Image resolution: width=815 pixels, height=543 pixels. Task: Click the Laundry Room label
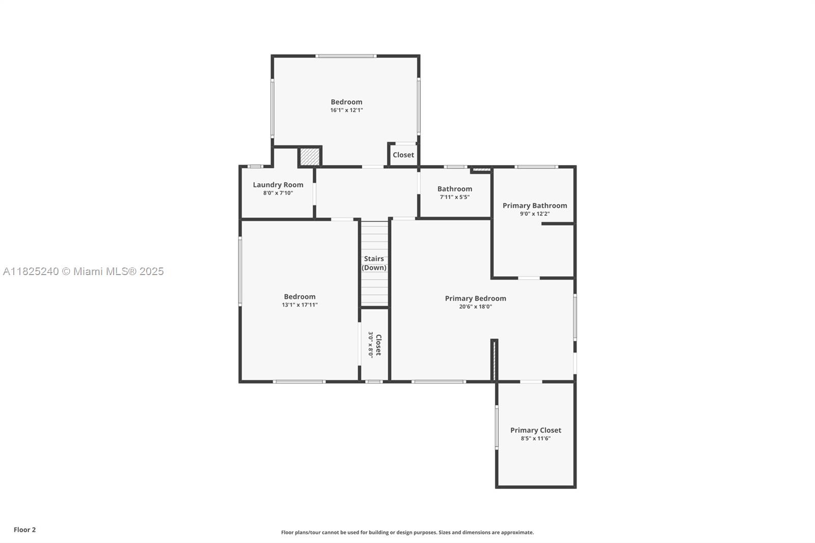pyautogui.click(x=278, y=185)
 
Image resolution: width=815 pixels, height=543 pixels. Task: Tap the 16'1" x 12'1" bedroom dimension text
pyautogui.click(x=346, y=110)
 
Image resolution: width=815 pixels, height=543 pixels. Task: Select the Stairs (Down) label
pyautogui.click(x=374, y=263)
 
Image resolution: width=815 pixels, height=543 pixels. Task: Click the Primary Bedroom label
pyautogui.click(x=475, y=298)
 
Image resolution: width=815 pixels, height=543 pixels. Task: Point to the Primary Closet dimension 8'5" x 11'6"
pyautogui.click(x=535, y=438)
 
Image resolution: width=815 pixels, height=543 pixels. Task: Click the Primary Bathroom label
pyautogui.click(x=534, y=206)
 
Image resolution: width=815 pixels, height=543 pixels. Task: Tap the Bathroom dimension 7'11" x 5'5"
pyautogui.click(x=454, y=197)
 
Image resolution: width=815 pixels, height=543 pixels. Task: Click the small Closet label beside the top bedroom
pyautogui.click(x=403, y=155)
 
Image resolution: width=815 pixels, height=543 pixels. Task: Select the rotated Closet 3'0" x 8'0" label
pyautogui.click(x=375, y=345)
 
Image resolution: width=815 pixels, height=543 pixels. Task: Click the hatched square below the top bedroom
pyautogui.click(x=309, y=156)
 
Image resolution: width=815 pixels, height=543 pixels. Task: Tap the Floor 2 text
pyautogui.click(x=24, y=530)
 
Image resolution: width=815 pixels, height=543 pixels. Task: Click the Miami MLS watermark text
pyautogui.click(x=83, y=271)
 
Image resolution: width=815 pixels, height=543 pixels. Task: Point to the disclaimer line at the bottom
pyautogui.click(x=407, y=532)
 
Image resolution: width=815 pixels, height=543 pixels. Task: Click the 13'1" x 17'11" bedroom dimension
pyautogui.click(x=300, y=305)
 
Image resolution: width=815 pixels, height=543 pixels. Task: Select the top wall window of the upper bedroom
pyautogui.click(x=346, y=56)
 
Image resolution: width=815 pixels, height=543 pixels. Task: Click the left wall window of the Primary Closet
pyautogui.click(x=497, y=427)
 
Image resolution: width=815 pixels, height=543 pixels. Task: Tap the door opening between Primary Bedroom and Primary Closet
pyautogui.click(x=531, y=382)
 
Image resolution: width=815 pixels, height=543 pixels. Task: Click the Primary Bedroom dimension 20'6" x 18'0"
pyautogui.click(x=475, y=307)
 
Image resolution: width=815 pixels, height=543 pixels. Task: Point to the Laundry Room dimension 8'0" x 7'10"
pyautogui.click(x=278, y=193)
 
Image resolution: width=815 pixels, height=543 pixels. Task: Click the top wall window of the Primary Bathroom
pyautogui.click(x=536, y=167)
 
